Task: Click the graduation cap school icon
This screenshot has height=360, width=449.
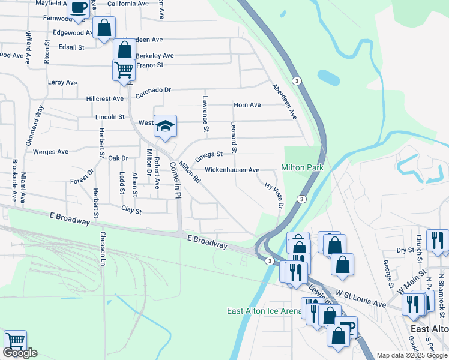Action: pyautogui.click(x=165, y=126)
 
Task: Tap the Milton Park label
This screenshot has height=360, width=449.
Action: pyautogui.click(x=303, y=167)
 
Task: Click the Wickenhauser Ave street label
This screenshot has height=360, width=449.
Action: pyautogui.click(x=232, y=170)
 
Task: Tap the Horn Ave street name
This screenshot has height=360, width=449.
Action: pyautogui.click(x=247, y=105)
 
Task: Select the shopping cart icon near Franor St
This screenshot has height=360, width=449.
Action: pyautogui.click(x=124, y=70)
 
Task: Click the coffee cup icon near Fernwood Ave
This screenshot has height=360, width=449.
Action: pyautogui.click(x=78, y=8)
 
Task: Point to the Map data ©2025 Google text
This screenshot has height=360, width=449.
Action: pyautogui.click(x=412, y=355)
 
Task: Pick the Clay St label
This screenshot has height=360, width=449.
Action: pyautogui.click(x=131, y=211)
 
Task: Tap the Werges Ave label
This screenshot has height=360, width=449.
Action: pyautogui.click(x=51, y=152)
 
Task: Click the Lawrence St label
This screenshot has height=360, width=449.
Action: pyautogui.click(x=205, y=114)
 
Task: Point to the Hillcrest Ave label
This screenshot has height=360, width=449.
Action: pyautogui.click(x=105, y=98)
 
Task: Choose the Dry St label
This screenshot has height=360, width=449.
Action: pyautogui.click(x=406, y=250)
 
